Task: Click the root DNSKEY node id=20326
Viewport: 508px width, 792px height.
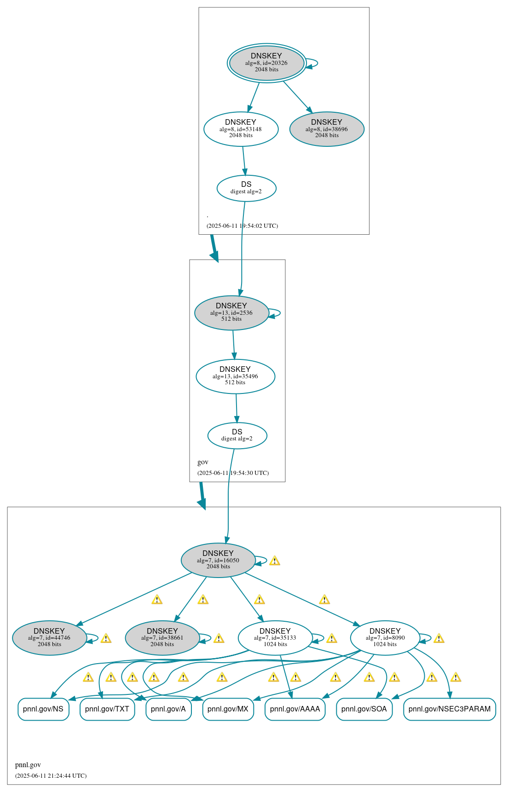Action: point(266,63)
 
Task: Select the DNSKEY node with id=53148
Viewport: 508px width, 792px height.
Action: point(241,129)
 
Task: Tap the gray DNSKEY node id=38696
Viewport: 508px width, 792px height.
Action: point(327,129)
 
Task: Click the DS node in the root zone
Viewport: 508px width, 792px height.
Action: point(246,188)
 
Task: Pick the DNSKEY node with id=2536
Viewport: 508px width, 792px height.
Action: point(231,312)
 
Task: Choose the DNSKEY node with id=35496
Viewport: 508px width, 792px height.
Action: point(235,376)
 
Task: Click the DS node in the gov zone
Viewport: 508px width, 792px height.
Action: point(237,435)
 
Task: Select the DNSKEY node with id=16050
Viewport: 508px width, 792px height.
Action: point(218,560)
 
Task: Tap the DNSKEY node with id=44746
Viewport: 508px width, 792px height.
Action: point(49,638)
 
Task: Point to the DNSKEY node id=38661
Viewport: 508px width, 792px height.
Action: point(162,638)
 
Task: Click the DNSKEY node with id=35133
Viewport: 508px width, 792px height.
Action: point(275,638)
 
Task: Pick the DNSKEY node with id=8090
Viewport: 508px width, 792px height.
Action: point(385,638)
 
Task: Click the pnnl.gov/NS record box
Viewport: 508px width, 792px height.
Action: point(43,709)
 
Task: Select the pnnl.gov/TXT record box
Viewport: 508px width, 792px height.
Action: point(107,709)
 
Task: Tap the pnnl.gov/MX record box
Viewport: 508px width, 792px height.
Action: point(228,709)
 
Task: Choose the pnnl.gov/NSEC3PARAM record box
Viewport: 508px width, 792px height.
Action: point(449,709)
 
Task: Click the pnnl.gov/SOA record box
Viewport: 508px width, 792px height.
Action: point(364,709)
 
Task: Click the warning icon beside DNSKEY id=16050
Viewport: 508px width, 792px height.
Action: point(275,561)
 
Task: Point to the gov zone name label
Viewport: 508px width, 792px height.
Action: point(203,462)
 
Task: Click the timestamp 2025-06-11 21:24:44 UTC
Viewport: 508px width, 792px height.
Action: point(51,775)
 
